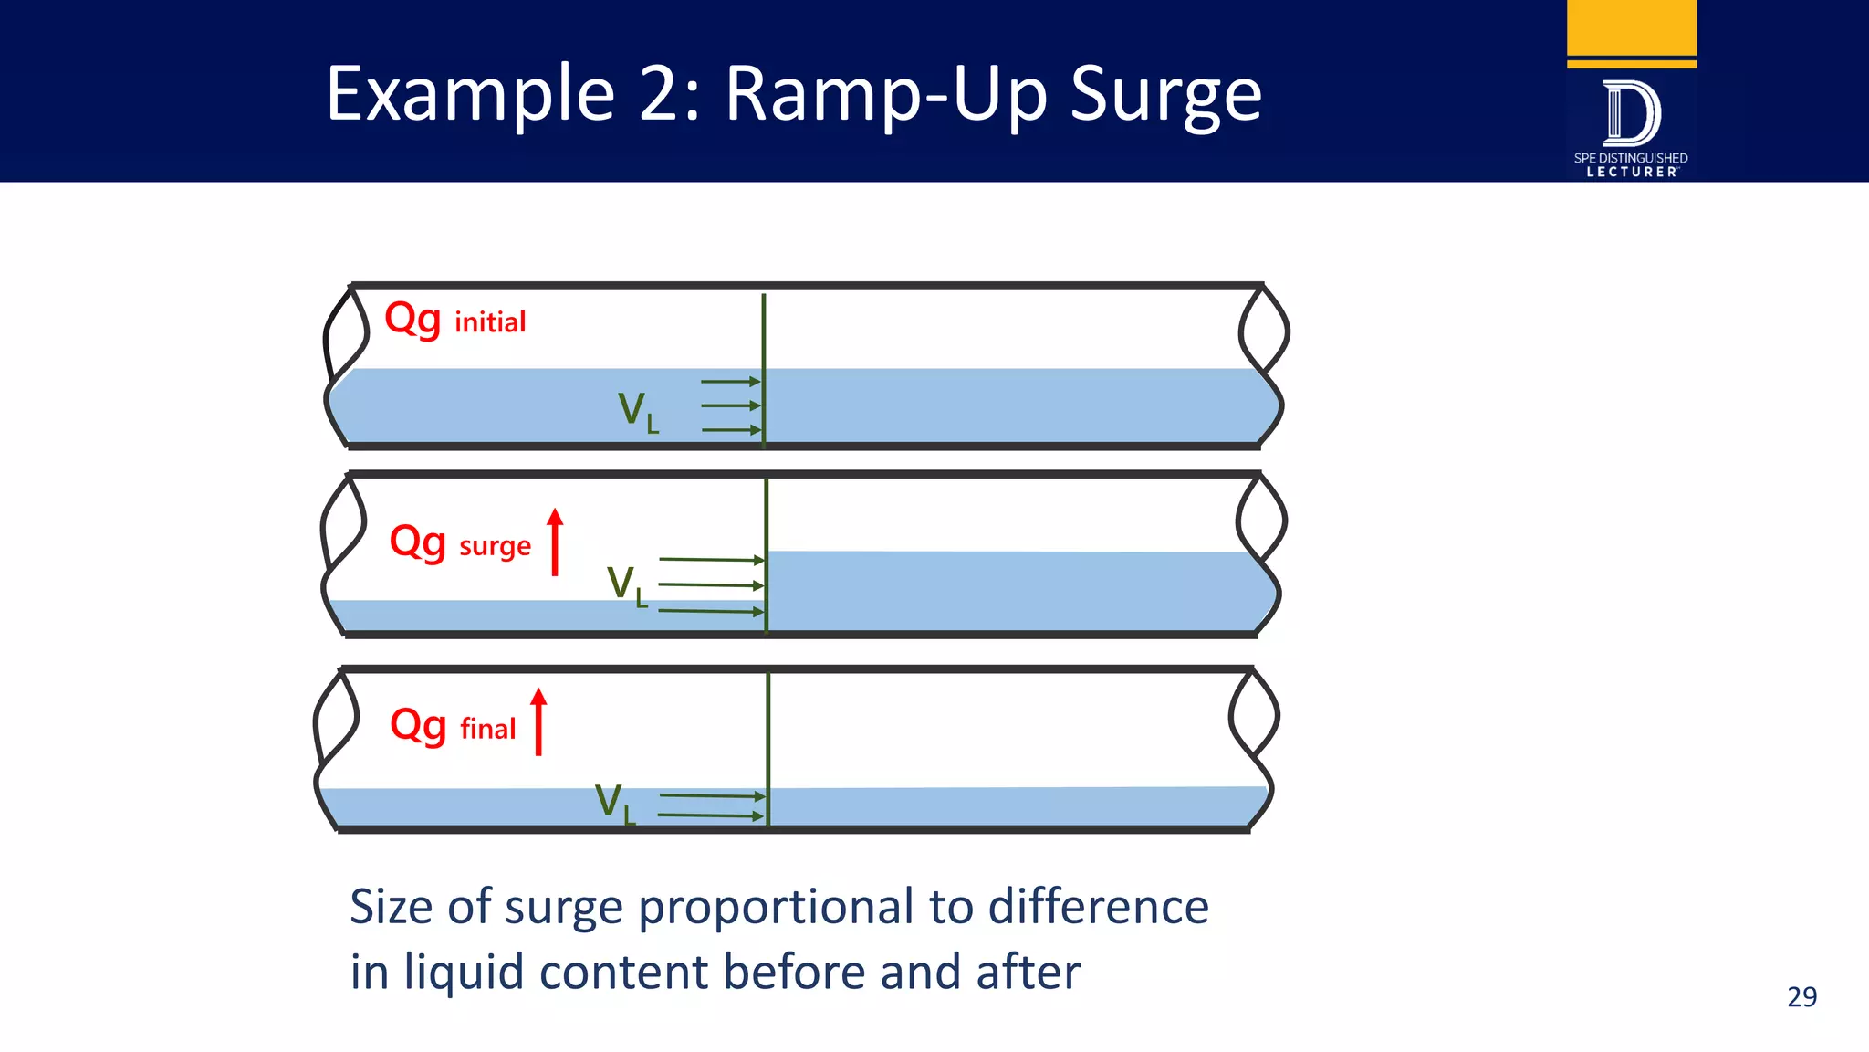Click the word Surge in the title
1165,95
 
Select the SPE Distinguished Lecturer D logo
1631,114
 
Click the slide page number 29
1801,996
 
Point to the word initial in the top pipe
490,322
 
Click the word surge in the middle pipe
495,546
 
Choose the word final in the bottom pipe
488,729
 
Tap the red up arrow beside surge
555,542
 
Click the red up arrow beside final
538,721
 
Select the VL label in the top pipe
638,412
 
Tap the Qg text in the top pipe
412,320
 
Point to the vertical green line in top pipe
764,347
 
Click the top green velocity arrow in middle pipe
711,559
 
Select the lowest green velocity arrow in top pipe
730,429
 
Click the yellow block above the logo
1631,27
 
